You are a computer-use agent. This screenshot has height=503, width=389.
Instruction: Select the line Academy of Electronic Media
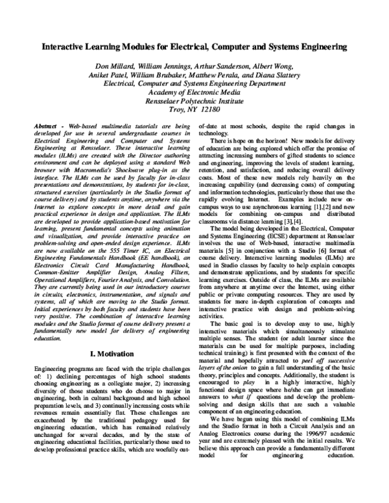click(194, 93)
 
